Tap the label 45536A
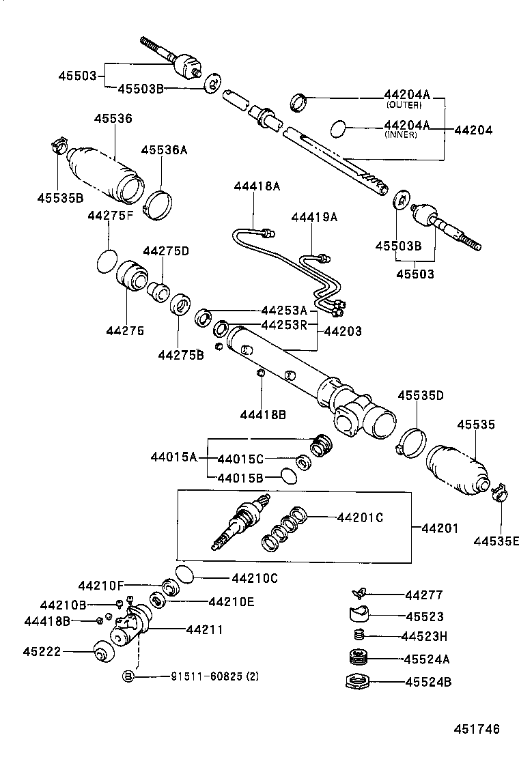click(164, 150)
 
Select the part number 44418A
click(257, 186)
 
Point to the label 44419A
click(314, 217)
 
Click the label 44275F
click(110, 216)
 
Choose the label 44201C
click(360, 517)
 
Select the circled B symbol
click(128, 676)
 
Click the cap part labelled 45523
click(356, 614)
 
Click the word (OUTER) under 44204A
click(404, 105)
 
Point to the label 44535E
click(497, 541)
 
